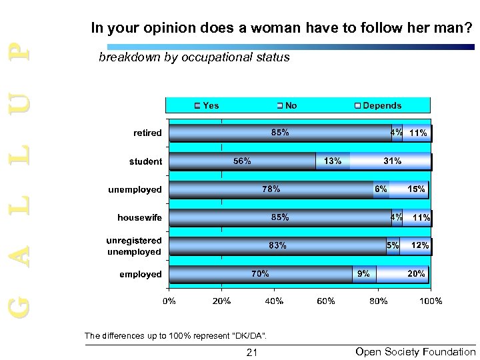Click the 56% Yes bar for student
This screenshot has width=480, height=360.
[x=242, y=161]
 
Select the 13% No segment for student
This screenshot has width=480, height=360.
[x=333, y=161]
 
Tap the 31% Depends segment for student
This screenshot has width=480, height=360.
[x=391, y=161]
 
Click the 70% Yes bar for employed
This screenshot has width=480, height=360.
[x=261, y=274]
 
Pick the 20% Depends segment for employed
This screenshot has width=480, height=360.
[x=403, y=274]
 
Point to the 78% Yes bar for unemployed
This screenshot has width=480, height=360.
[x=271, y=189]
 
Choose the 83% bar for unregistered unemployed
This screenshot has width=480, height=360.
[x=277, y=245]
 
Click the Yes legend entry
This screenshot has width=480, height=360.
[x=207, y=105]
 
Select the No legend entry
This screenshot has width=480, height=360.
[x=288, y=105]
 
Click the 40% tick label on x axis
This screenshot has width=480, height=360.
[x=274, y=301]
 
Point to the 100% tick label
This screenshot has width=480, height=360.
[x=431, y=301]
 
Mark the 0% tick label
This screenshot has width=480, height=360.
[x=169, y=301]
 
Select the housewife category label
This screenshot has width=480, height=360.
[x=139, y=217]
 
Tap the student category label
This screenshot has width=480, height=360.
[x=145, y=161]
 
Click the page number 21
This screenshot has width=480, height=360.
[x=252, y=351]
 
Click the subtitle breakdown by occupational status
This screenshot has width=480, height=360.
[x=194, y=57]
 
